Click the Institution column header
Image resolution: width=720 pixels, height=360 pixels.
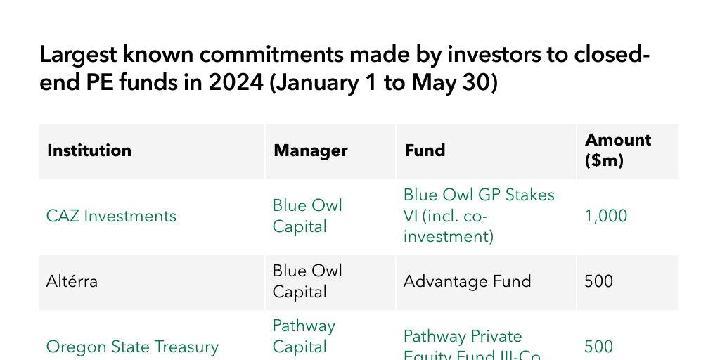click(89, 150)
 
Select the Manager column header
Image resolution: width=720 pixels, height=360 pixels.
click(311, 150)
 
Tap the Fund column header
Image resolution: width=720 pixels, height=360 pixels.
click(425, 150)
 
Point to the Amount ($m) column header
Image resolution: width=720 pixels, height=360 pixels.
click(618, 150)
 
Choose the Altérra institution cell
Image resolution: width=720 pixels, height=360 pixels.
click(72, 282)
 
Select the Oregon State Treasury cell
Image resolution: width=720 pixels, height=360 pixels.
click(132, 347)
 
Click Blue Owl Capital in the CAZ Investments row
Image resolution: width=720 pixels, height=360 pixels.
click(307, 216)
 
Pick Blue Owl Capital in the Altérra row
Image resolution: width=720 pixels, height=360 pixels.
click(307, 281)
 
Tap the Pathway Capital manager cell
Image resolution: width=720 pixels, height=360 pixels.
click(304, 336)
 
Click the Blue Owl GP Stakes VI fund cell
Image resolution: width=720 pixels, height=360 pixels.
click(479, 215)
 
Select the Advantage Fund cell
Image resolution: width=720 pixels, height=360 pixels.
click(467, 282)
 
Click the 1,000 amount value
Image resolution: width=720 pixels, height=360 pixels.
click(605, 216)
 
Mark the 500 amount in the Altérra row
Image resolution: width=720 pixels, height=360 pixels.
click(598, 282)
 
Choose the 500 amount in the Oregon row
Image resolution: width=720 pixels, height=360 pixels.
click(598, 347)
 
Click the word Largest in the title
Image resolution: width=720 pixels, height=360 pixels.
click(76, 55)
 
